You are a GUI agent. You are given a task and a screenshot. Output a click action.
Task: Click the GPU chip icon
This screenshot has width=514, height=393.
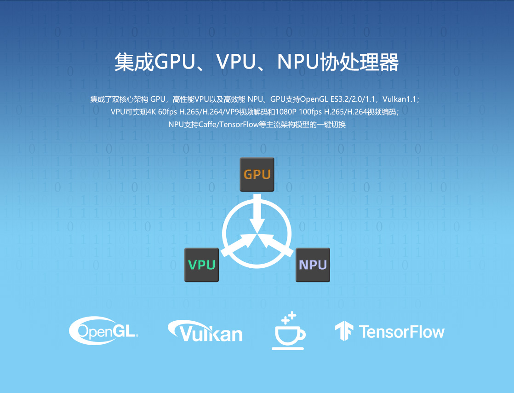pyautogui.click(x=257, y=174)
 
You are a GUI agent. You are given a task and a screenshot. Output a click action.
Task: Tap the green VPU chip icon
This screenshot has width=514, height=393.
pyautogui.click(x=201, y=265)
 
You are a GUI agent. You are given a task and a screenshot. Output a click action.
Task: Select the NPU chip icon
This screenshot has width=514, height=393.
pyautogui.click(x=313, y=265)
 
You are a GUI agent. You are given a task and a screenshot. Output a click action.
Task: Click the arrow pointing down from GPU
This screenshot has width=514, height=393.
pyautogui.click(x=257, y=212)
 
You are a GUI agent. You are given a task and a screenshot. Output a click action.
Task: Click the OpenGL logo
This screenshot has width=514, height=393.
pyautogui.click(x=104, y=330)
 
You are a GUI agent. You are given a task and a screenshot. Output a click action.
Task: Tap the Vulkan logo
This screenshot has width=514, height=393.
pyautogui.click(x=205, y=331)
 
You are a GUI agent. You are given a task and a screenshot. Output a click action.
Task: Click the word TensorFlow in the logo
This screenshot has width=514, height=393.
pyautogui.click(x=401, y=332)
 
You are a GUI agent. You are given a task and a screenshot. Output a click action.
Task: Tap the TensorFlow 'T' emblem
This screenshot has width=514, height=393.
pyautogui.click(x=343, y=331)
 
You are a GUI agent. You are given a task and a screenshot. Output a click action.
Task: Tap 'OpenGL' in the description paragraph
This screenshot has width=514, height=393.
pyautogui.click(x=313, y=99)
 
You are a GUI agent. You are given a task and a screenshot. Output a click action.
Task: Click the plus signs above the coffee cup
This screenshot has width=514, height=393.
pyautogui.click(x=289, y=317)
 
